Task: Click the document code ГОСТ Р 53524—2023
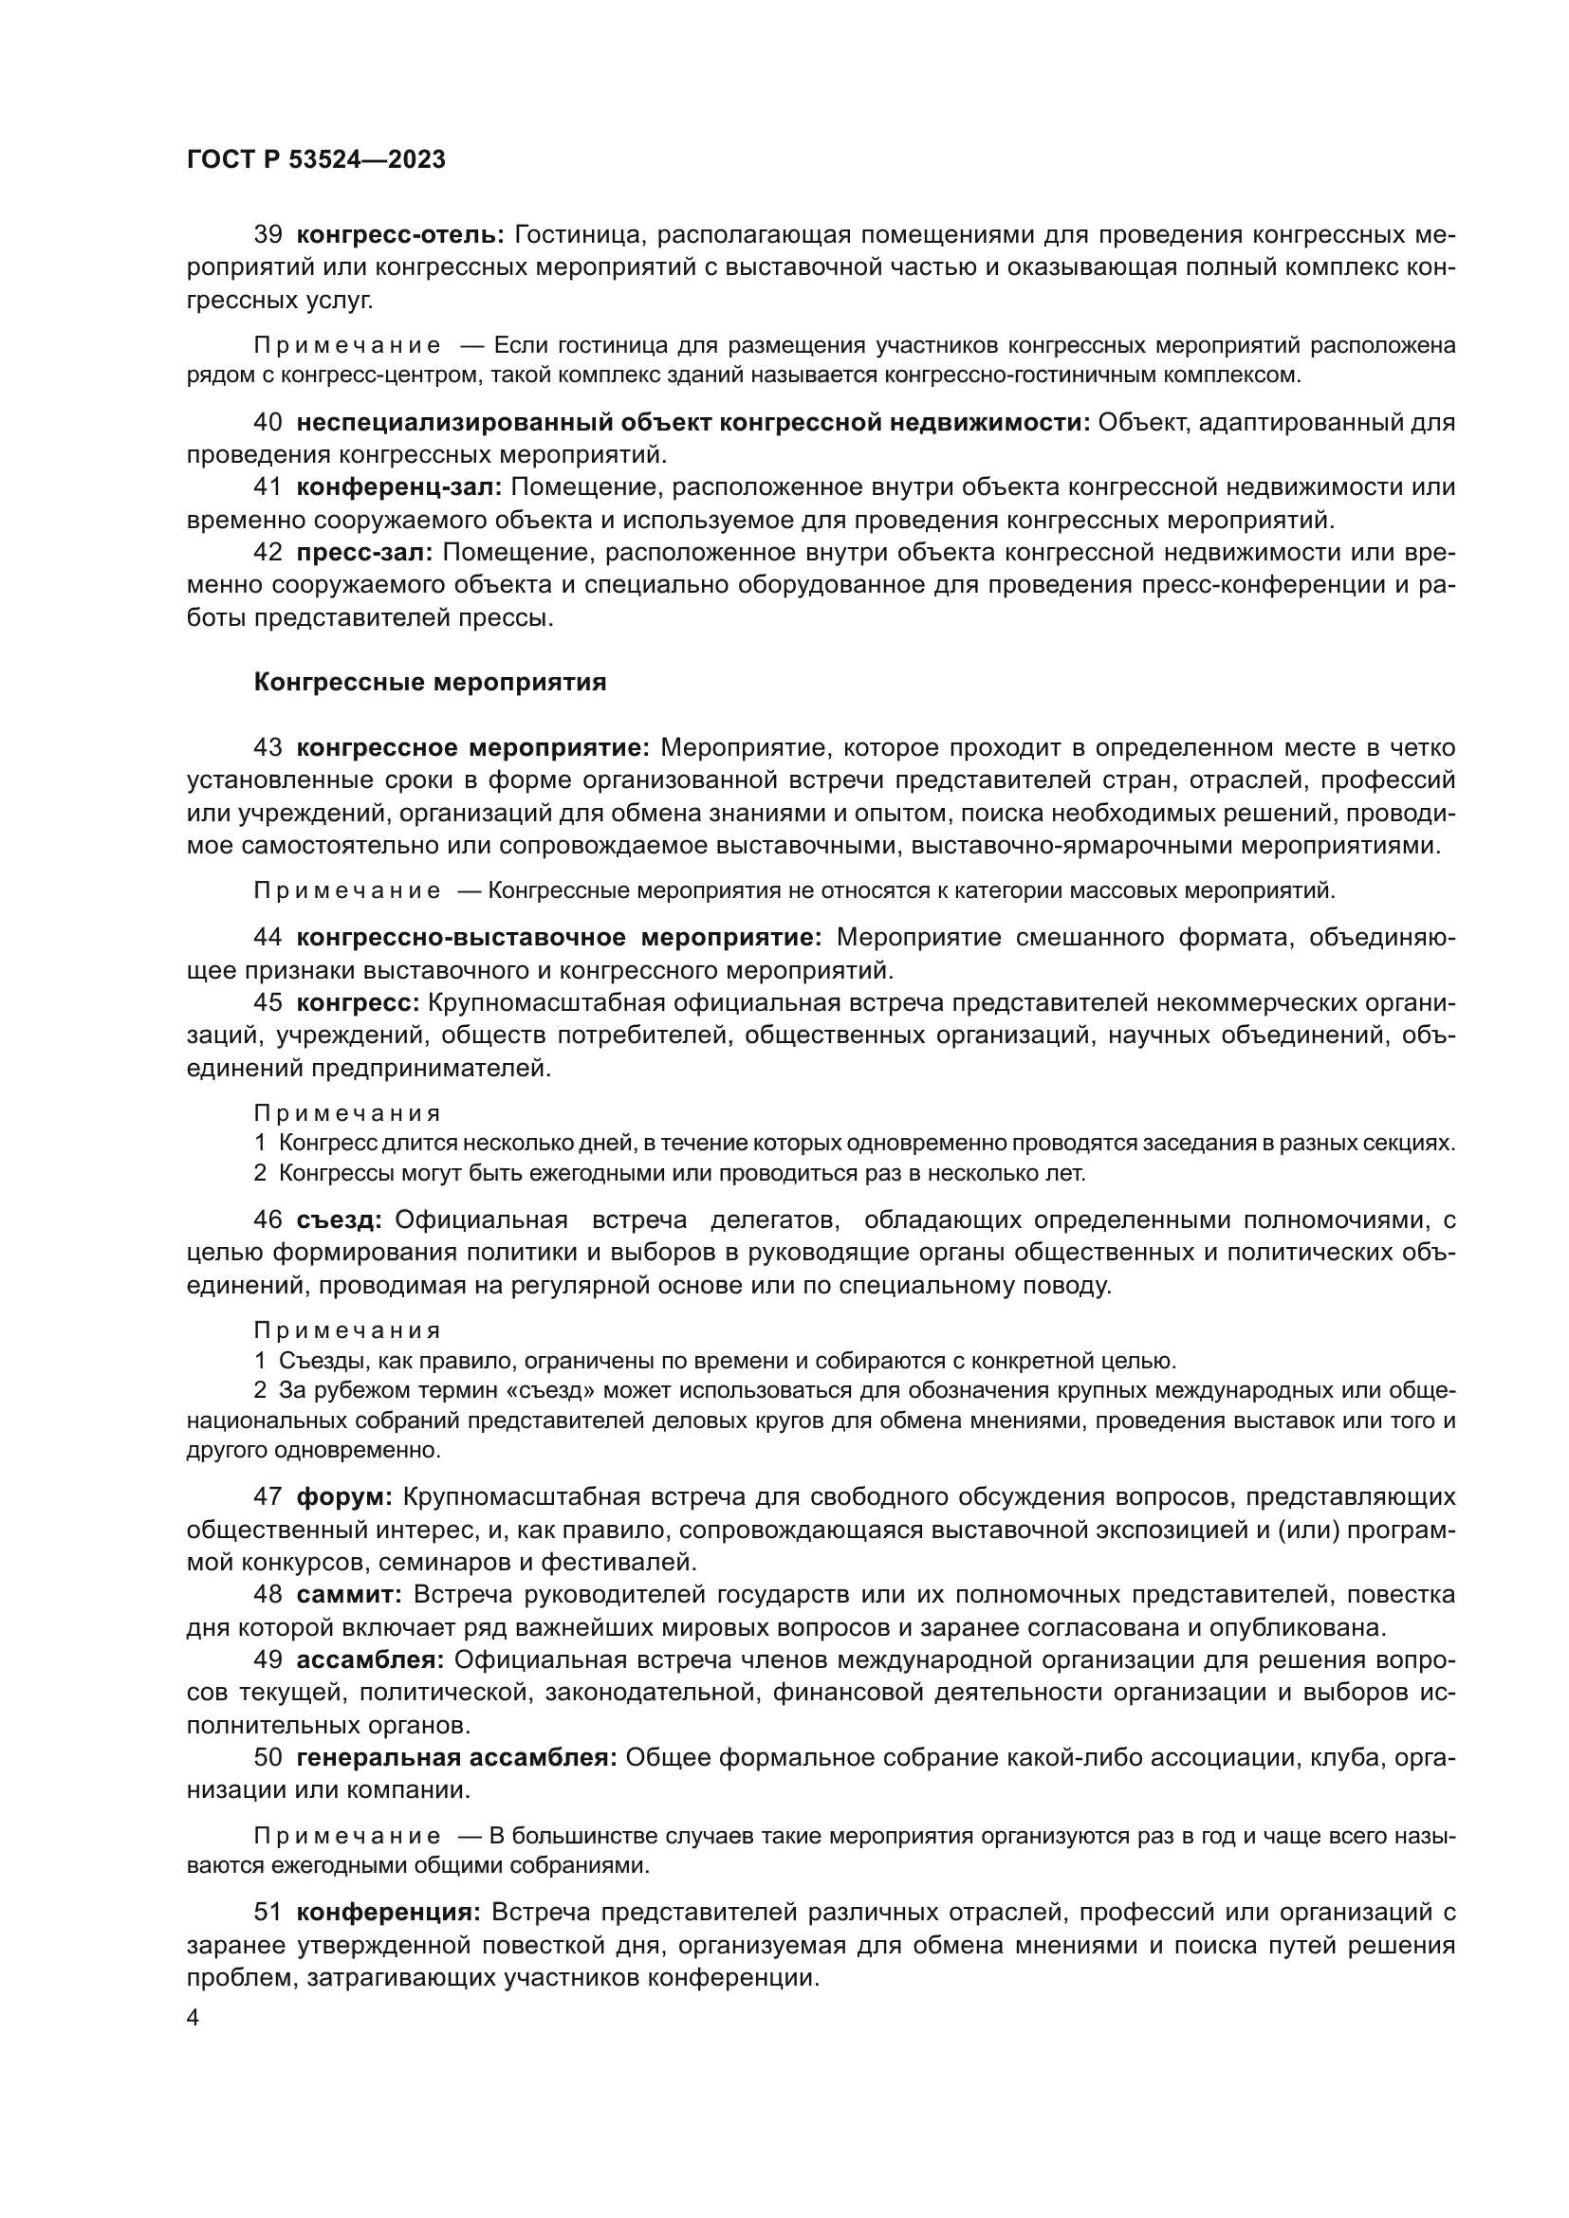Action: point(316,160)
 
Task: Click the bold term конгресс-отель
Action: point(400,235)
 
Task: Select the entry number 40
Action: point(268,422)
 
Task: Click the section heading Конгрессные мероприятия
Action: point(430,682)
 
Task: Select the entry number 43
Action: point(268,747)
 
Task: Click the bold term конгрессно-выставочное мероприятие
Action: point(559,937)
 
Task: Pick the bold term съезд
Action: point(339,1220)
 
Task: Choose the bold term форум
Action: point(344,1497)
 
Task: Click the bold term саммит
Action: point(349,1594)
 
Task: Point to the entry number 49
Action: point(268,1659)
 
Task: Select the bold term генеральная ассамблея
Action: point(456,1757)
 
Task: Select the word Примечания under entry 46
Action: point(347,1330)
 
